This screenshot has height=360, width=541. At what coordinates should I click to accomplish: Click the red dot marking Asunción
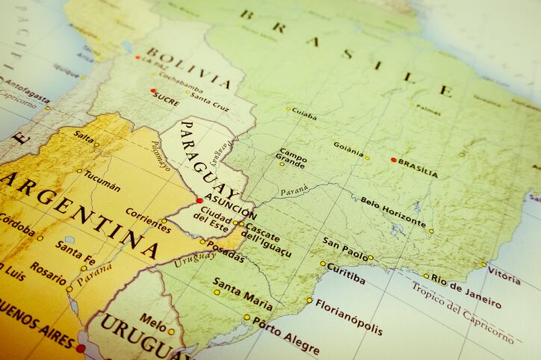click(200, 200)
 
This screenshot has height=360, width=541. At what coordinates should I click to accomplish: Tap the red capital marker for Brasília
click(393, 159)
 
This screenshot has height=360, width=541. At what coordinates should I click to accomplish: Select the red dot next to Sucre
click(153, 91)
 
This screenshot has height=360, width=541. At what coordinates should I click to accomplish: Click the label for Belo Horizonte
click(393, 212)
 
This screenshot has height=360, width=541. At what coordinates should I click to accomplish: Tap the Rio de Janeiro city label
click(466, 290)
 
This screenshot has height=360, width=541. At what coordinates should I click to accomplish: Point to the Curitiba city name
click(346, 273)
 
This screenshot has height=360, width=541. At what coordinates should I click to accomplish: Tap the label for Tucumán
click(102, 180)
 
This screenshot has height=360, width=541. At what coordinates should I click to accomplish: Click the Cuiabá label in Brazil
click(303, 114)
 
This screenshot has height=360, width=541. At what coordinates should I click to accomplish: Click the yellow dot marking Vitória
click(483, 264)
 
